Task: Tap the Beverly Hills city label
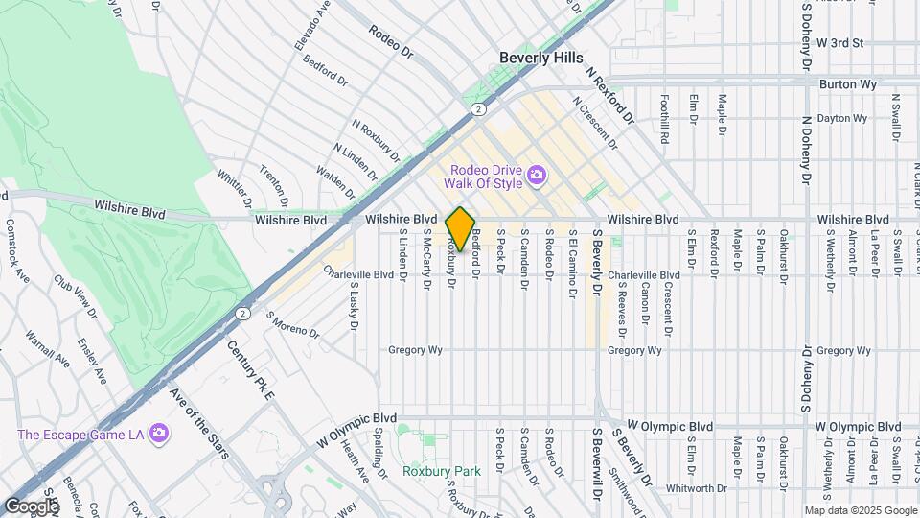(540, 58)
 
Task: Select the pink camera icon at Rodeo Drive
(538, 175)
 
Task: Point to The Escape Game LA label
(80, 435)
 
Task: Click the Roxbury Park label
(427, 471)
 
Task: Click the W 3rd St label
(839, 43)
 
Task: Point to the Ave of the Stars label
(197, 422)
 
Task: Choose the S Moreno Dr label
(292, 325)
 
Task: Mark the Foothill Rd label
(664, 118)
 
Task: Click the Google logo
(32, 506)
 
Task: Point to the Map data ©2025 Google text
(860, 510)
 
